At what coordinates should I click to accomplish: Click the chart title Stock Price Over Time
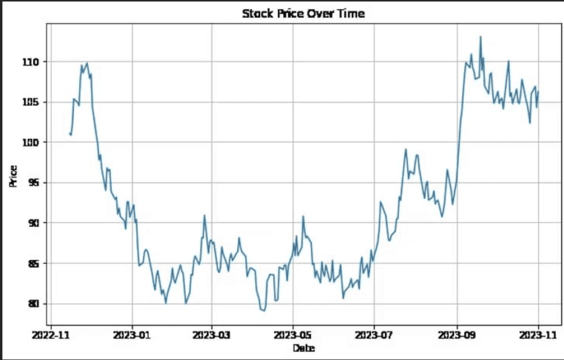coord(303,14)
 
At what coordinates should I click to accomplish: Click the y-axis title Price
coord(13,176)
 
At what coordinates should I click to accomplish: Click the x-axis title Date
coord(303,348)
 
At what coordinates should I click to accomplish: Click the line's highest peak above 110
coord(480,37)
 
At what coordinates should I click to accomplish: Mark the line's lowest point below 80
coord(264,311)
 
